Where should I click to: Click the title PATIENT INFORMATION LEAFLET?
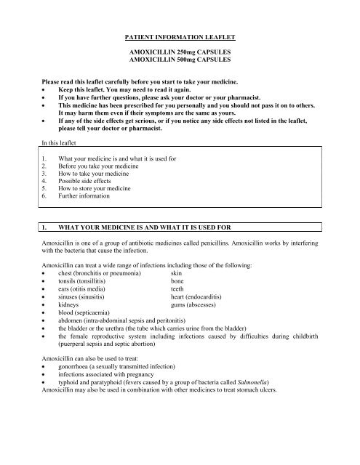point(180,35)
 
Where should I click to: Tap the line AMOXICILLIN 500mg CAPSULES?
point(180,63)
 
